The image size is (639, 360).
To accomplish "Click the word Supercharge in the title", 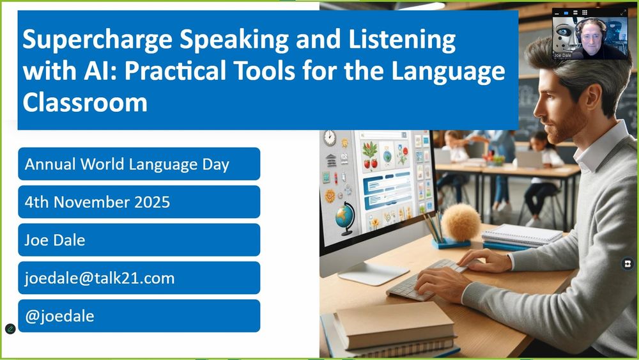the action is pyautogui.click(x=98, y=40).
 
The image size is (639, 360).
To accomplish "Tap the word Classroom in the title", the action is pyautogui.click(x=85, y=102).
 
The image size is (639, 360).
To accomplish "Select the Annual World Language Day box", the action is pyautogui.click(x=139, y=164).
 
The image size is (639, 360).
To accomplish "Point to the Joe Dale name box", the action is pyautogui.click(x=139, y=240).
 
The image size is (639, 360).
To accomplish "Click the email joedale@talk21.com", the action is pyautogui.click(x=100, y=278).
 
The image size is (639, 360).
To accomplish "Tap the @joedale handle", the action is pyautogui.click(x=59, y=317).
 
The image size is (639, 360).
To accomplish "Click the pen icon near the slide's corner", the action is pyautogui.click(x=10, y=329).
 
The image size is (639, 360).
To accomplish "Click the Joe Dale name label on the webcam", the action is pyautogui.click(x=563, y=56).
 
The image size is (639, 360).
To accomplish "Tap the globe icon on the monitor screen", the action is pyautogui.click(x=345, y=218).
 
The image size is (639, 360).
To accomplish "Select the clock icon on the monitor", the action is pyautogui.click(x=330, y=138).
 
